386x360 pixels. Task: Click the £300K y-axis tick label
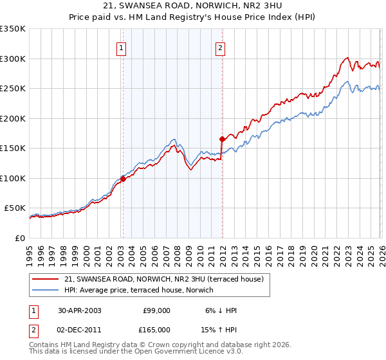13,59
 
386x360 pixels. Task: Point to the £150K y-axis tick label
13,148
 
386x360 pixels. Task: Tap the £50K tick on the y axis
15,208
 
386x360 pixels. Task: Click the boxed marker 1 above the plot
122,47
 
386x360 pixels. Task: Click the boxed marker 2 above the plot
220,47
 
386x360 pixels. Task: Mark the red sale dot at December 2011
222,139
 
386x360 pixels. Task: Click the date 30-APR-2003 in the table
79,310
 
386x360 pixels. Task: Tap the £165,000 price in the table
157,329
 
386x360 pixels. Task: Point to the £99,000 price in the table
157,310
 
